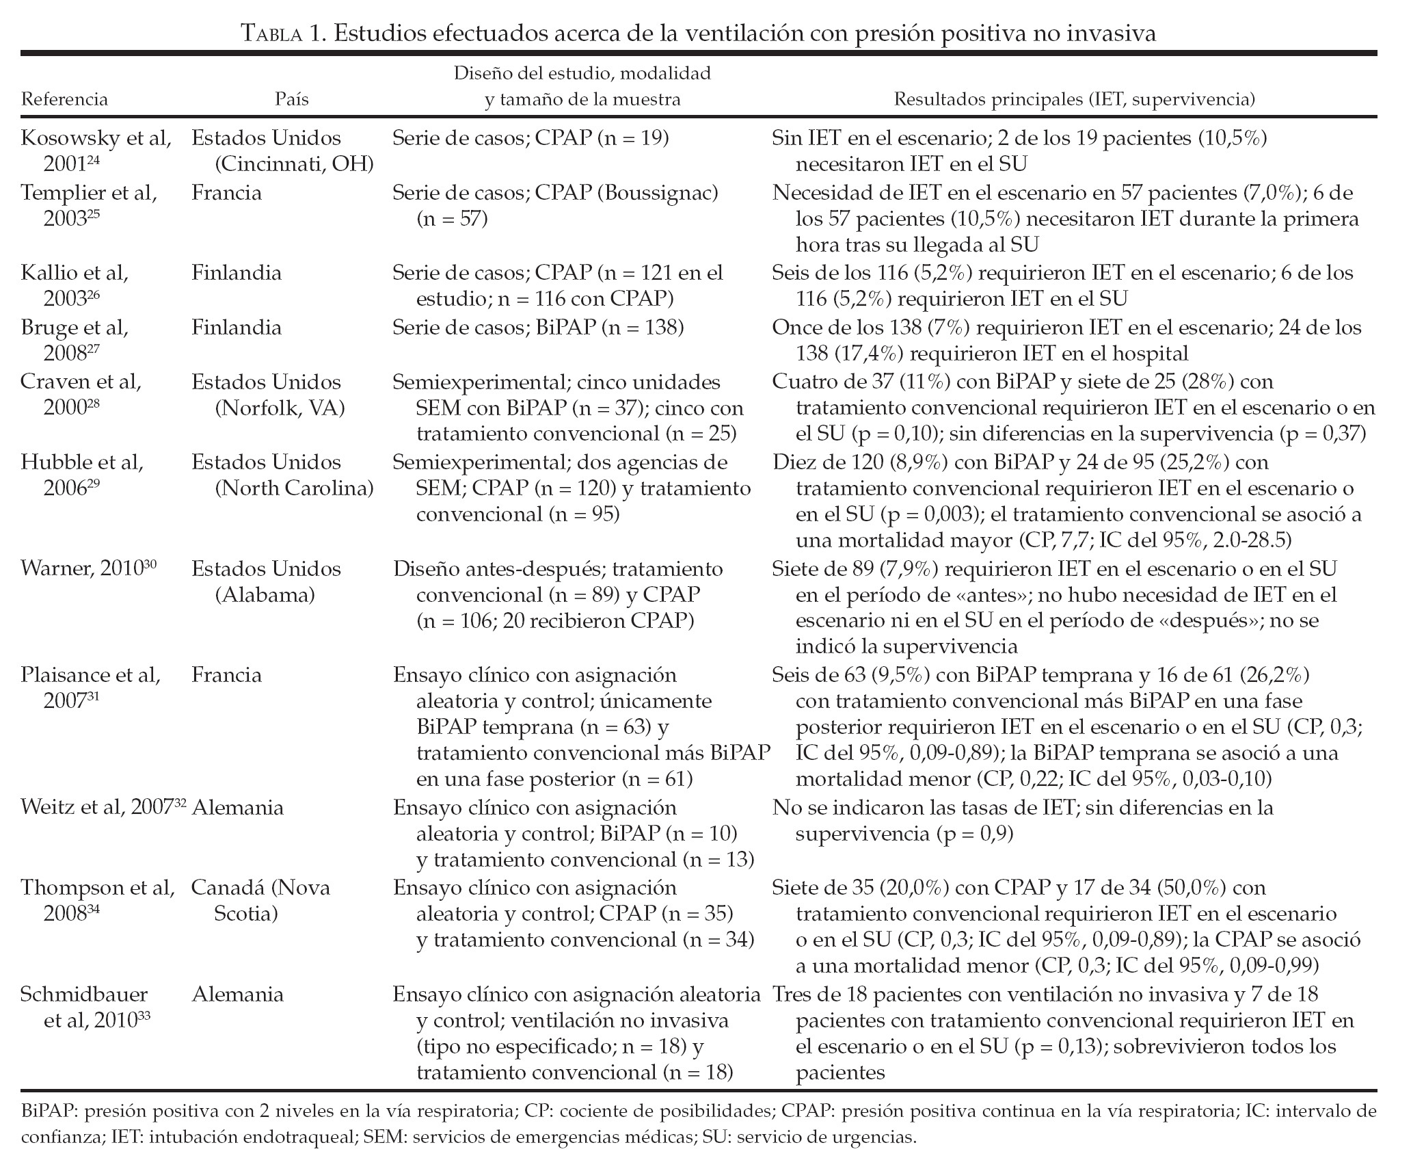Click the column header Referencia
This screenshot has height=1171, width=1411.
64,100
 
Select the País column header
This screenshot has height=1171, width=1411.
292,100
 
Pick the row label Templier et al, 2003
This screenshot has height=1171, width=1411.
89,205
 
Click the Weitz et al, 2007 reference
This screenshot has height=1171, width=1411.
103,808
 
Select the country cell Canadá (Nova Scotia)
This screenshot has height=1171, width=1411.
260,901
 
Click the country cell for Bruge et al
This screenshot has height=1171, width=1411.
237,328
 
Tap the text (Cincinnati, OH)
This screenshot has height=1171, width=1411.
295,164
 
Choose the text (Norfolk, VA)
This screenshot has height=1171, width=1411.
280,408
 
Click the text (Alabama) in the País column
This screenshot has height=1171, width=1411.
265,595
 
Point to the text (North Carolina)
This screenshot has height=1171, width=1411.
295,488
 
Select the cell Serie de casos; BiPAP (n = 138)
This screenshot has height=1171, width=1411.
538,328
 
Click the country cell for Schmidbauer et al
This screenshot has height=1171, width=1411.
237,994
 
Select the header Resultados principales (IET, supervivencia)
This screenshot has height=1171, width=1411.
1075,100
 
